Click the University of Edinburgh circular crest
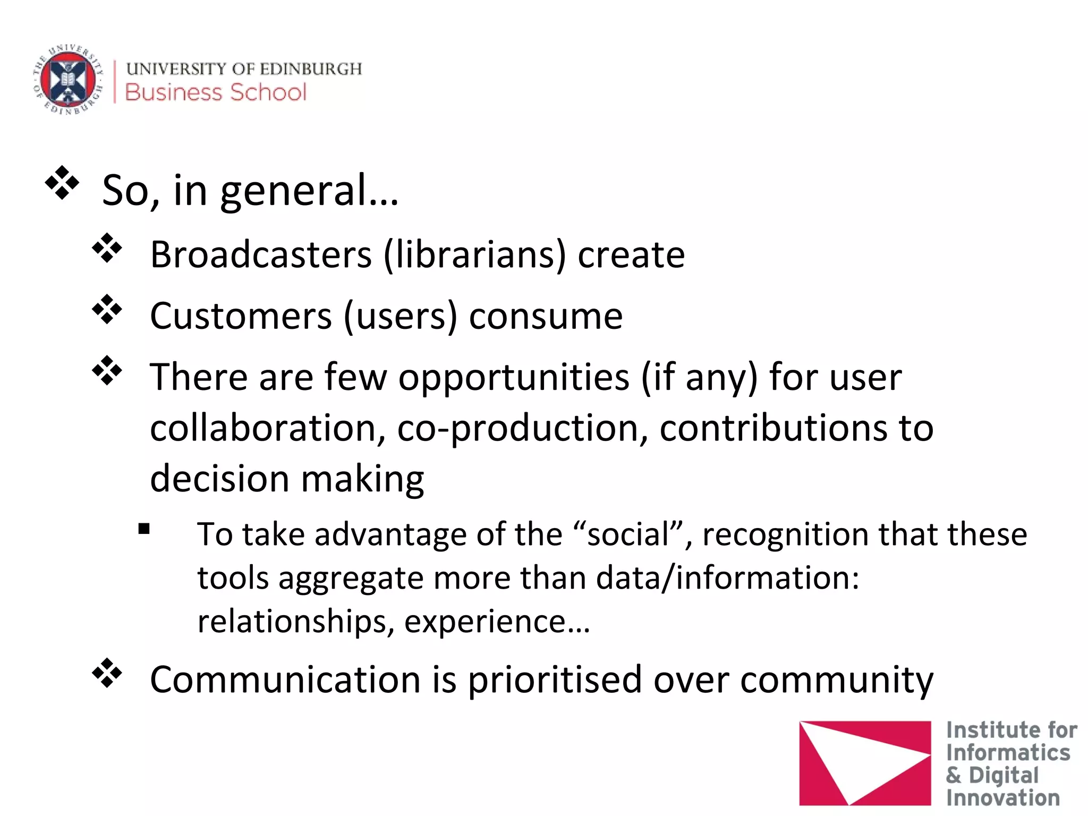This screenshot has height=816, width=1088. pos(68,80)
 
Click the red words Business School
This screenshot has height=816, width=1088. pos(216,92)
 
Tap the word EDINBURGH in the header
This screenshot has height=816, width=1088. pos(311,69)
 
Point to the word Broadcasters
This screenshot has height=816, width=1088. pos(261,254)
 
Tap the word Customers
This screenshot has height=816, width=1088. pos(241,316)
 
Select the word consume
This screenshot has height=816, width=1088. pos(546,316)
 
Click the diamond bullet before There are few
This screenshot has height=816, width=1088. pos(107,370)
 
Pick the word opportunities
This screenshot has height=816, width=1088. pos(514,377)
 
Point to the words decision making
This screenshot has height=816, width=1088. pos(287,478)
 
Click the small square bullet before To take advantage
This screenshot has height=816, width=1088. pos(144,529)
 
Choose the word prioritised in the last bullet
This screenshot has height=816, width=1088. pos(555,679)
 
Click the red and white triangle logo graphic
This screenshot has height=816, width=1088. pos(864,762)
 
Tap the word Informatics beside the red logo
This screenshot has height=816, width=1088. pos(1008,753)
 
